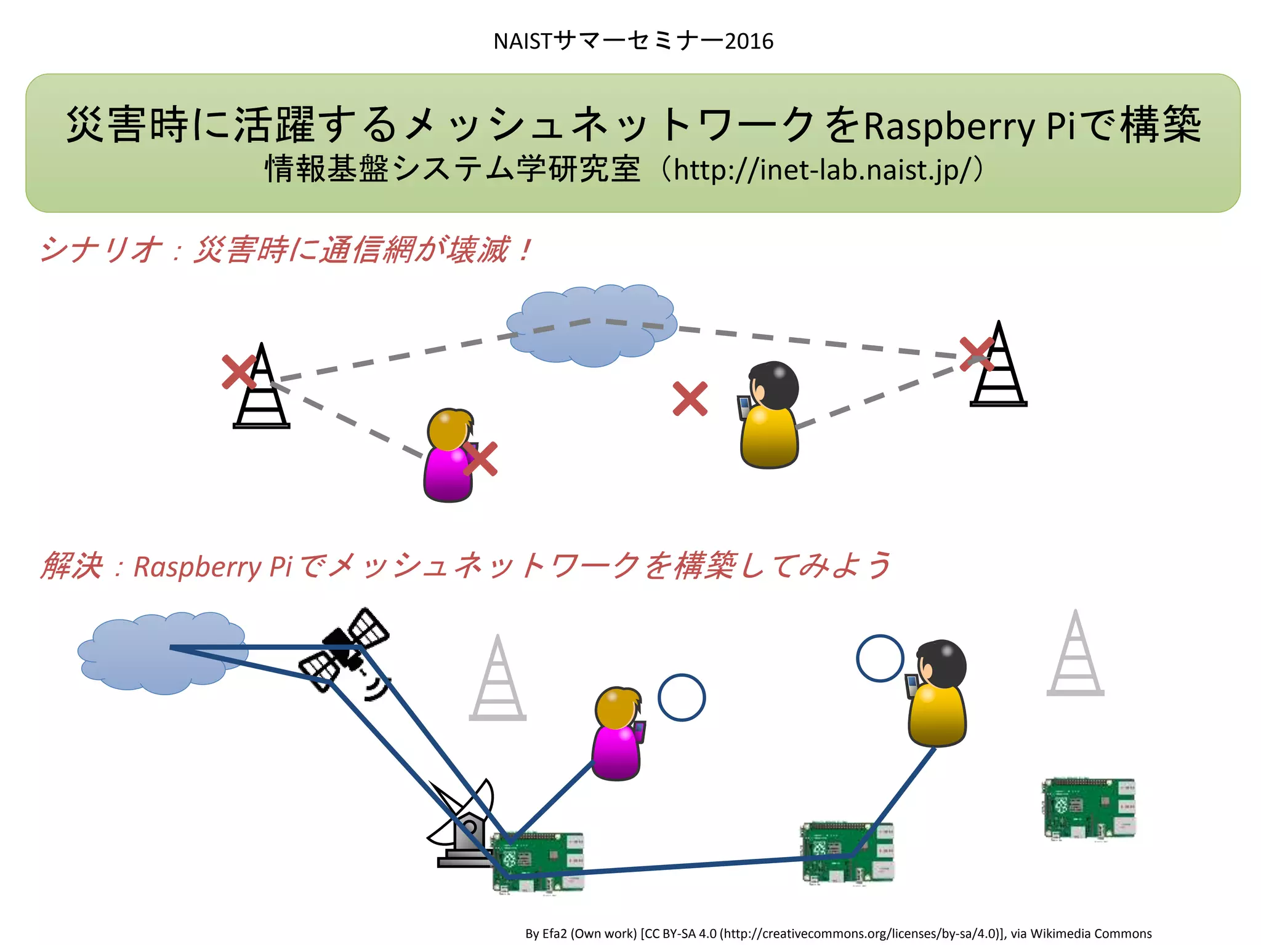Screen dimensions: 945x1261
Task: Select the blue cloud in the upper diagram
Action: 591,326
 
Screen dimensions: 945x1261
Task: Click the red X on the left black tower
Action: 239,372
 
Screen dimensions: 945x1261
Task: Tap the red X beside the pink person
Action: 480,459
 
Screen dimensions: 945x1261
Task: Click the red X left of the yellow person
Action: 690,399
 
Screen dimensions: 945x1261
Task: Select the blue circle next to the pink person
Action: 681,698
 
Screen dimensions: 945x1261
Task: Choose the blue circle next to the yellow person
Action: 880,658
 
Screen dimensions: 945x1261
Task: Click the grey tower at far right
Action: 1075,655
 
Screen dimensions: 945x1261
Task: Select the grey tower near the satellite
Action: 498,680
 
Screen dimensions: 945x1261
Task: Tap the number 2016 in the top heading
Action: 749,41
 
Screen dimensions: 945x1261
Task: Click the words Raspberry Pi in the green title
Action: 969,126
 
